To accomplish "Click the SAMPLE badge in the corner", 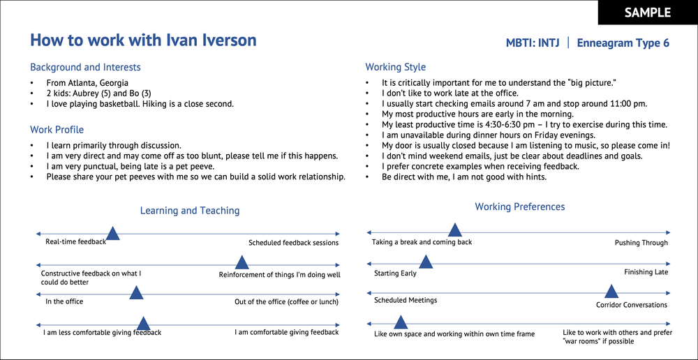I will (647, 13).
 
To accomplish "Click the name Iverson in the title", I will (225, 40).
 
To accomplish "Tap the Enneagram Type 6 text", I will (623, 43).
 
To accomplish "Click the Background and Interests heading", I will (85, 68).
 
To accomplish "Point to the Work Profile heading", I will (57, 130).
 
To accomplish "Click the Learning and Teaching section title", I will (190, 211).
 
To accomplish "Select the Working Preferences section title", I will (520, 207).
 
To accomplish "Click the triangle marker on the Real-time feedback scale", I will (112, 234).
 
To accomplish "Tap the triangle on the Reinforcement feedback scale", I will (242, 263).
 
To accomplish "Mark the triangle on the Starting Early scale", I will (426, 262).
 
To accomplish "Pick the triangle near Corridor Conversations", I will (611, 292).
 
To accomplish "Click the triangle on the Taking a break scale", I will (455, 230).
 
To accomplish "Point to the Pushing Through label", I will (641, 243).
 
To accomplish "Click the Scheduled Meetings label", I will (406, 300).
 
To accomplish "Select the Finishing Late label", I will (646, 272).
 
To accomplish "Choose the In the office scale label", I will (64, 301).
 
